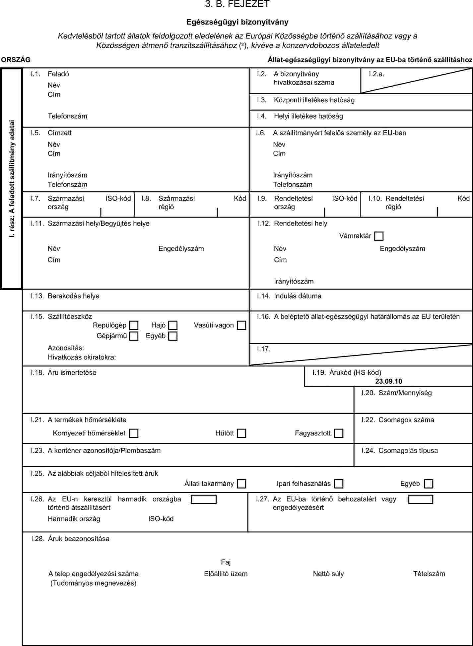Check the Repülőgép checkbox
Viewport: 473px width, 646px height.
[134, 325]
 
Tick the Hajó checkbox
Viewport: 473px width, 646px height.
[173, 325]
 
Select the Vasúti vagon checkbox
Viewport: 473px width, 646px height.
[241, 325]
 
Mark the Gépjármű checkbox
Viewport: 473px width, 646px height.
[134, 336]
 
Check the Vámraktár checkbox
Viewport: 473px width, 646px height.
[378, 236]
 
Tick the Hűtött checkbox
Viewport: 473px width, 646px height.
[241, 433]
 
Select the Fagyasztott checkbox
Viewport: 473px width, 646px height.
[339, 433]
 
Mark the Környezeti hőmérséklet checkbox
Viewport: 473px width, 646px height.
[134, 433]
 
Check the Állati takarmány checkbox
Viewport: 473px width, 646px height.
[241, 484]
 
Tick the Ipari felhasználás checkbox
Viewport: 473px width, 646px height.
[339, 484]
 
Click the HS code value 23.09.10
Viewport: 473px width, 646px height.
[388, 381]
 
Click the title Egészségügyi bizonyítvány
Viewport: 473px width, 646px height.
[237, 22]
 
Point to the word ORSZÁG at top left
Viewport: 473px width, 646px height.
[16, 60]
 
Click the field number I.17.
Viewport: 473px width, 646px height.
[264, 349]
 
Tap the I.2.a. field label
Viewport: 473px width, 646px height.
[376, 74]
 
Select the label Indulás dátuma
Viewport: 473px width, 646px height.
[298, 296]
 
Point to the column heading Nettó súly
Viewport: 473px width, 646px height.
[328, 574]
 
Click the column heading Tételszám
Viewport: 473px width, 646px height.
[429, 574]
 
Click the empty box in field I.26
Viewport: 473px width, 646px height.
[204, 500]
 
